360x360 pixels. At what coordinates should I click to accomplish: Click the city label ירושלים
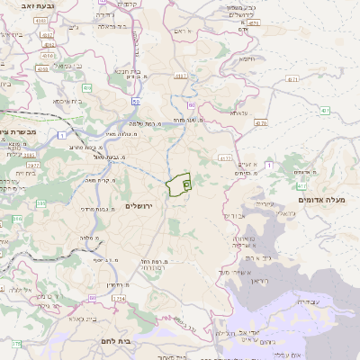pos(141,206)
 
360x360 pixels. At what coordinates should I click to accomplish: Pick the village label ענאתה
pos(239,112)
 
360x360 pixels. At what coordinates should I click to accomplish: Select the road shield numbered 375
pos(15,344)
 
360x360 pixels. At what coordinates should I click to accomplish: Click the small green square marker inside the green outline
pos(186,184)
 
